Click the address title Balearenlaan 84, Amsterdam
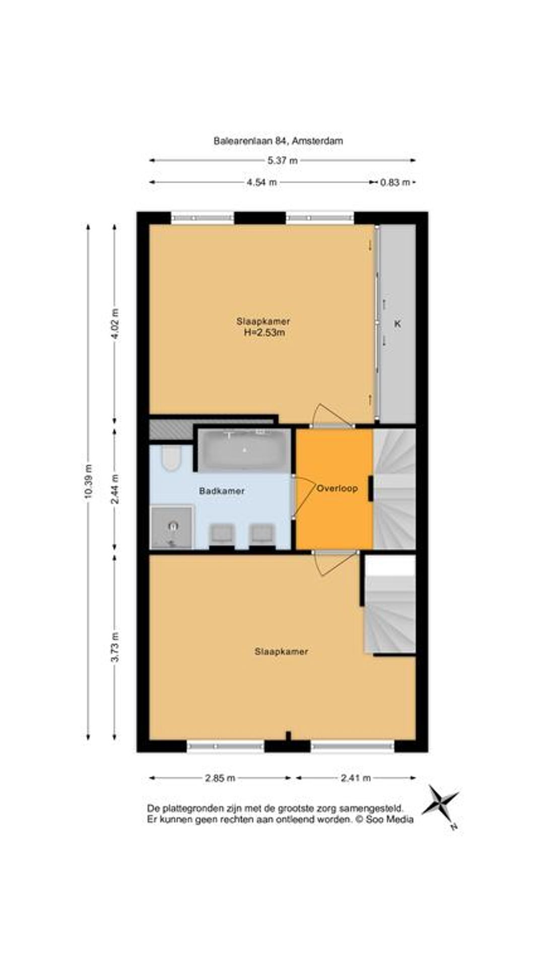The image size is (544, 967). coord(278,141)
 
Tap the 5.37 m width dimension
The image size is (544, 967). coord(283,161)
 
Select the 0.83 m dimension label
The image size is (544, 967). coord(394,182)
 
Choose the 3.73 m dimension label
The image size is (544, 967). coord(115,647)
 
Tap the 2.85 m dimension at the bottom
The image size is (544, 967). coord(220,778)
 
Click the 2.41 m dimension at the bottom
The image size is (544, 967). coord(356,778)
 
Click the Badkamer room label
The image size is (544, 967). coord(222,491)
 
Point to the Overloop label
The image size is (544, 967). coord(337,488)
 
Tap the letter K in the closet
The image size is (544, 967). coord(397,324)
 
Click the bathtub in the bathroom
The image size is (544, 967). coord(244,449)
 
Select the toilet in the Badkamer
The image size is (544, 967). coord(171,458)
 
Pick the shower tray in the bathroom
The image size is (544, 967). coord(172,527)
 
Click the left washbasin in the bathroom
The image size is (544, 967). coord(222,534)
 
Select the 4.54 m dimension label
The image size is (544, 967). coord(262,182)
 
